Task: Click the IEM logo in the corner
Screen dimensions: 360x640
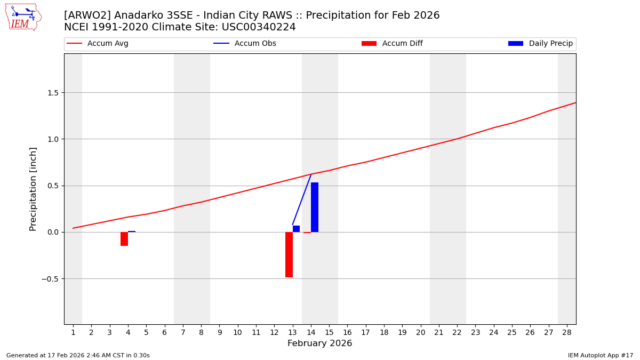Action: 23,17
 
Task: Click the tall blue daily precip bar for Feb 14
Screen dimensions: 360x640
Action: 315,207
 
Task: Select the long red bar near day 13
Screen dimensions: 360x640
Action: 289,254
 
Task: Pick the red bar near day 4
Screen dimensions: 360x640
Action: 124,239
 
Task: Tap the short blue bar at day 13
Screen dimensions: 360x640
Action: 296,229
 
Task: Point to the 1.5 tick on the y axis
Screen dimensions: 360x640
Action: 52,93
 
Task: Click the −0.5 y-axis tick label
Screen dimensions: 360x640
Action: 50,279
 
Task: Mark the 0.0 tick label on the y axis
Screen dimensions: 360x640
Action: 52,233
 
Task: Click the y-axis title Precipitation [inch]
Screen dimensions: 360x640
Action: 33,189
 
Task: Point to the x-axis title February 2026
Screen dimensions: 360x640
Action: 319,344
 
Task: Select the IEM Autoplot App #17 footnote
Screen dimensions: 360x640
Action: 601,356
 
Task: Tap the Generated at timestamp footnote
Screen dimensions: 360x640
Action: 78,356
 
